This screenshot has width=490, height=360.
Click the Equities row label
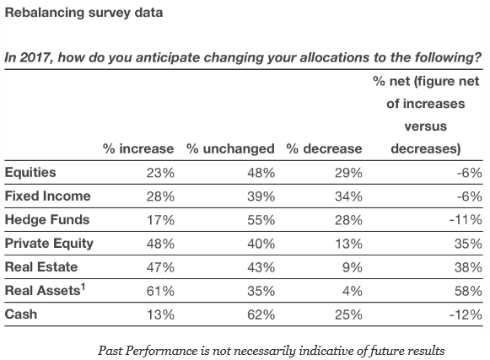coord(30,173)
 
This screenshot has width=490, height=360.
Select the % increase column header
coord(138,148)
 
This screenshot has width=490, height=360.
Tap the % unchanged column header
coord(230,148)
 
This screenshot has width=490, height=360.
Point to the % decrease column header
coord(324,148)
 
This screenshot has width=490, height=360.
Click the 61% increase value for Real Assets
coord(160,291)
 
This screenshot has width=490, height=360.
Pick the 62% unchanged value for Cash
coord(261,314)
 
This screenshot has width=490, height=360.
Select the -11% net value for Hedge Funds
coord(466,220)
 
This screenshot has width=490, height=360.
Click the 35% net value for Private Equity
coord(468,244)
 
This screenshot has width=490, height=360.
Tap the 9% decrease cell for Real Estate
coord(353,267)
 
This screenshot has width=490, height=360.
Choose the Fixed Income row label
coord(48,196)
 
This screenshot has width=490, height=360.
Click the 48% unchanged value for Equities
coord(261,173)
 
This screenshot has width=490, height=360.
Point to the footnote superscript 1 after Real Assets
coord(83,287)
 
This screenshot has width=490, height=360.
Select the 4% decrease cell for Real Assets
coord(353,291)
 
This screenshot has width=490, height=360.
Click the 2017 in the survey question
coord(35,58)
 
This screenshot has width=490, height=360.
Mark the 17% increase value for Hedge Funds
coord(160,220)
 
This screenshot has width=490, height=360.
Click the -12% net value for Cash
coord(466,314)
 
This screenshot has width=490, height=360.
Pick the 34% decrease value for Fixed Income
coord(348,196)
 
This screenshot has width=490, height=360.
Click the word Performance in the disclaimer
coord(161,351)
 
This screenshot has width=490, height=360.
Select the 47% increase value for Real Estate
coord(160,267)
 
